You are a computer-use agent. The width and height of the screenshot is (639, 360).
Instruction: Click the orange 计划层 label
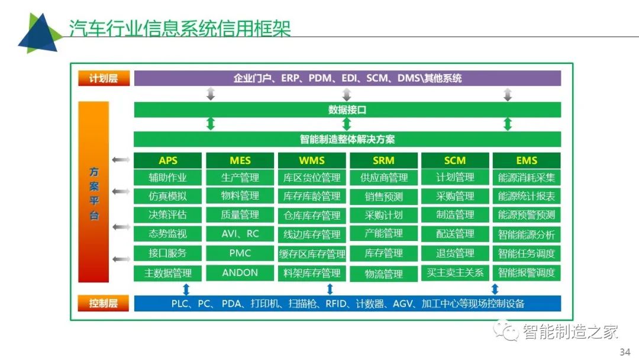(104, 78)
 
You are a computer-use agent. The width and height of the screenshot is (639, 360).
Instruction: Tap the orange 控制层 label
(104, 303)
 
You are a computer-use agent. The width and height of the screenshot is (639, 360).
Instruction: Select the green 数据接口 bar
(347, 110)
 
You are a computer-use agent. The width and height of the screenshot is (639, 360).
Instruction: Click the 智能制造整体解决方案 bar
(347, 139)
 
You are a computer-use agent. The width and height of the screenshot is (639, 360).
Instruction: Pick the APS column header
(168, 160)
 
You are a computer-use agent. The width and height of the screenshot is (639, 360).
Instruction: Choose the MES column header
(240, 160)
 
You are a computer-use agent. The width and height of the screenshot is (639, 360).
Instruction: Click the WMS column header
(312, 160)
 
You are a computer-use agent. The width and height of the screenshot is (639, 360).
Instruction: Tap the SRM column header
(383, 160)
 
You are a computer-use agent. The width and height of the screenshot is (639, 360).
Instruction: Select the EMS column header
(527, 160)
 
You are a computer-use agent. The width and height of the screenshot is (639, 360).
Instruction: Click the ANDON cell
(240, 273)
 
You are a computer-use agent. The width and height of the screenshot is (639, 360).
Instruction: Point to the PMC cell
(240, 253)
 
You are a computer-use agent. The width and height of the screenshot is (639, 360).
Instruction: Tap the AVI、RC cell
(240, 234)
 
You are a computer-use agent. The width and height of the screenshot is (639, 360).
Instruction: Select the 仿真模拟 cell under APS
(168, 196)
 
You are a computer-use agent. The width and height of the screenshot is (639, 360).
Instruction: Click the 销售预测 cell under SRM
(383, 197)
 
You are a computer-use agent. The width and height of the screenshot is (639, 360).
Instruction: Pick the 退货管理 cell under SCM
(455, 253)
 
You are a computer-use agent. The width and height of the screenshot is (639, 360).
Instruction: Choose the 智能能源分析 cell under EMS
(527, 234)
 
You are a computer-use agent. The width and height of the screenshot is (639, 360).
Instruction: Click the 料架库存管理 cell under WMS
(312, 273)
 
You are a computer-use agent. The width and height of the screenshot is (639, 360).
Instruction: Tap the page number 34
(625, 352)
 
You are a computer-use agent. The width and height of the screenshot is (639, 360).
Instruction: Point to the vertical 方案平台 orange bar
(93, 192)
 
